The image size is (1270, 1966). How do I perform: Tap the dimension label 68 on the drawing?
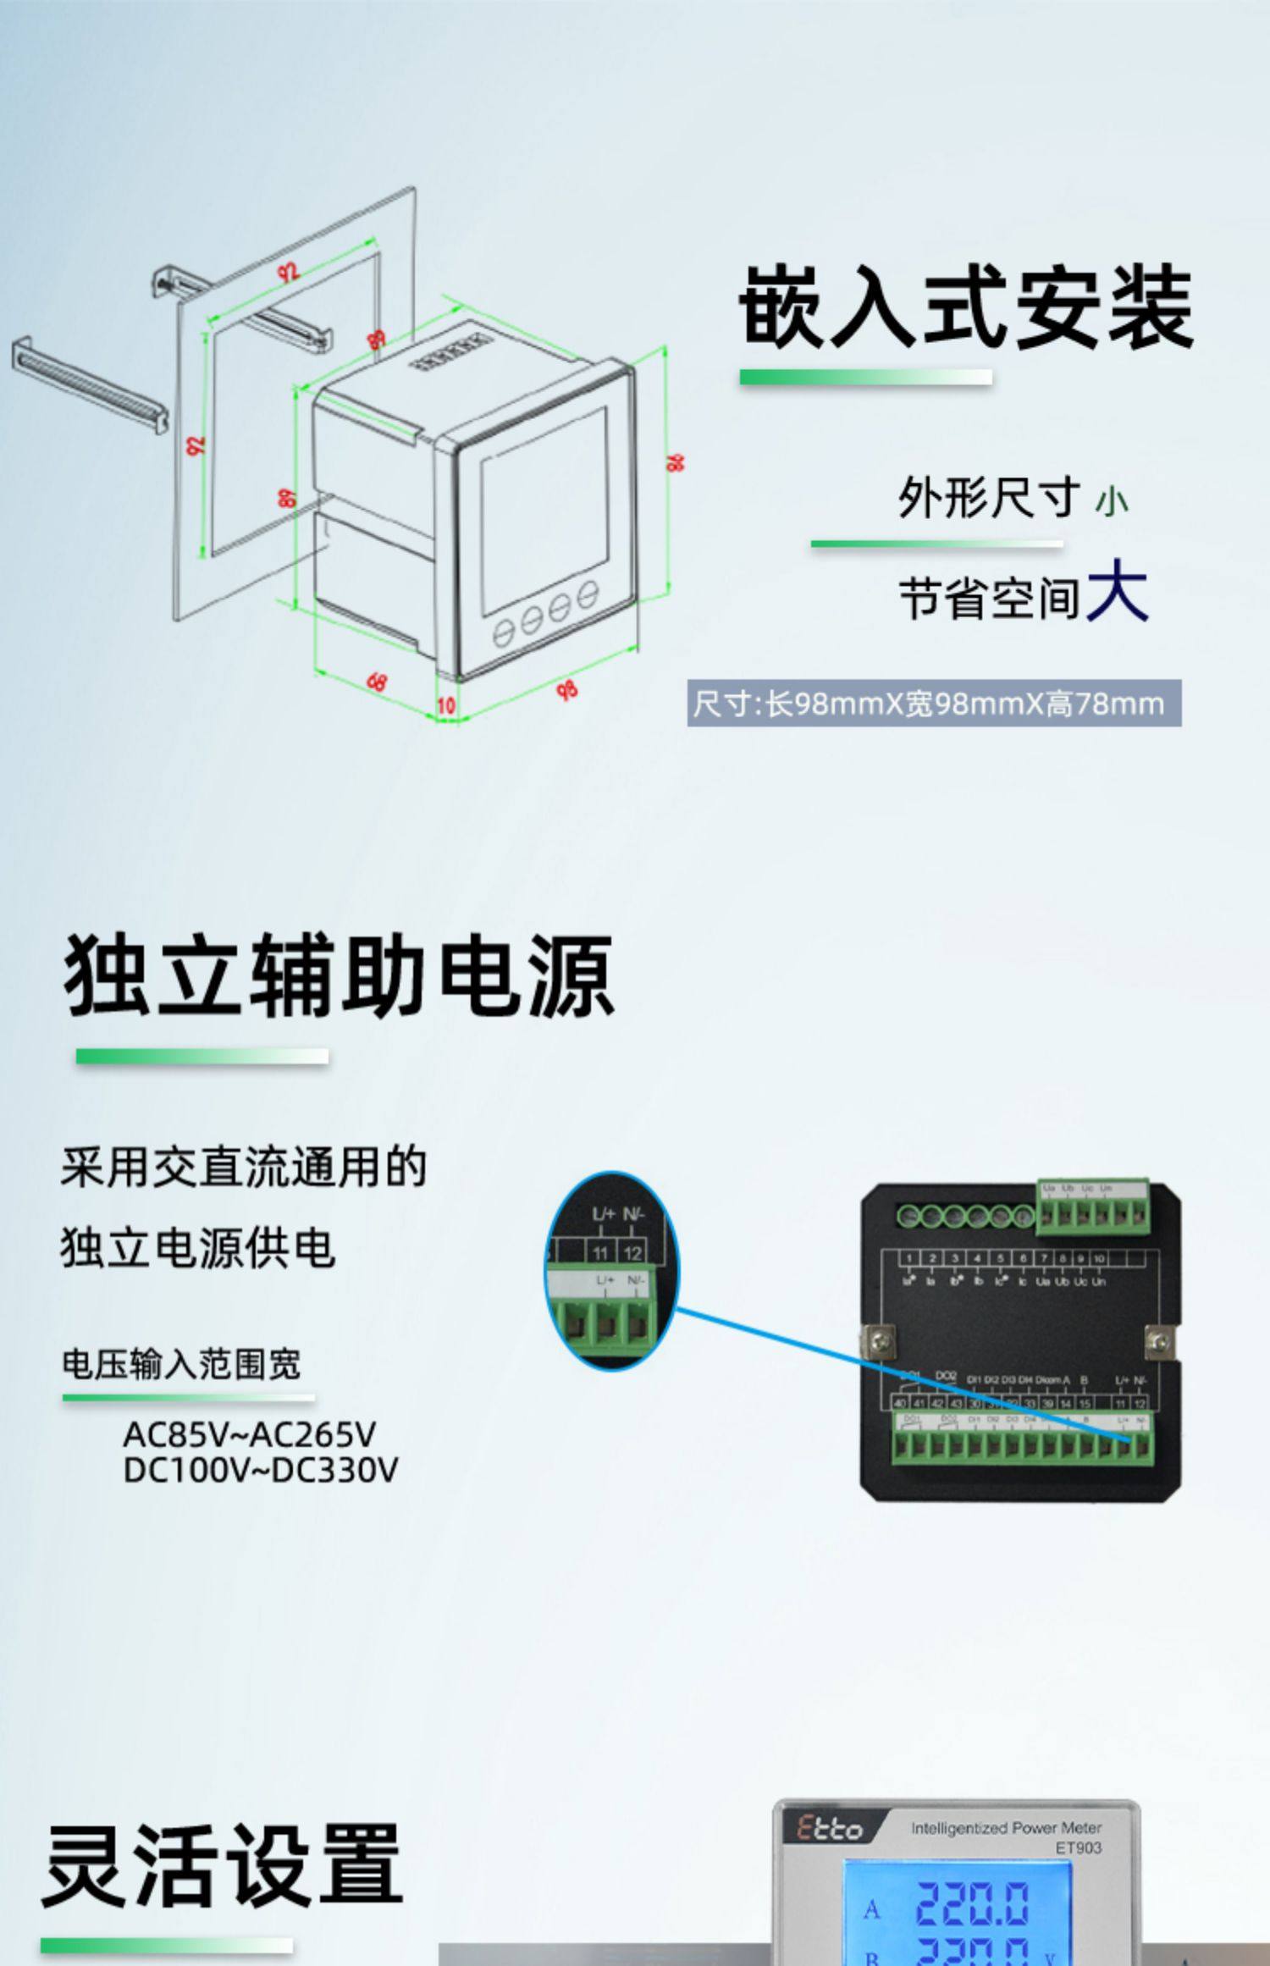click(x=377, y=681)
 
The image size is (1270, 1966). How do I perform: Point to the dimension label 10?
click(x=446, y=704)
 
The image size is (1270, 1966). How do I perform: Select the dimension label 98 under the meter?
click(x=567, y=690)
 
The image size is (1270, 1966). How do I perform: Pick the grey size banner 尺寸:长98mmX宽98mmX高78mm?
click(x=933, y=704)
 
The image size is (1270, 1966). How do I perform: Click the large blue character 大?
click(x=1117, y=591)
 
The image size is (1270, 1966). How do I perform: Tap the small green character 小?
click(x=1111, y=501)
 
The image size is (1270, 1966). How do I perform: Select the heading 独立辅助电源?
click(x=339, y=975)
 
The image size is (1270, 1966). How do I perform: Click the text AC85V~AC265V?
click(x=249, y=1434)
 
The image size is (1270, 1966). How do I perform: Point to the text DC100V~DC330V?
click(x=260, y=1470)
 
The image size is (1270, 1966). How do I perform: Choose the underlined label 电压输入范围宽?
click(x=181, y=1364)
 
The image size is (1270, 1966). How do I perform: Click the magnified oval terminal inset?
click(x=611, y=1270)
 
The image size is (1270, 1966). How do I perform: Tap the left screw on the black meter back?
click(x=875, y=1339)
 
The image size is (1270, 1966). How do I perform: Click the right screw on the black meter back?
click(x=1158, y=1340)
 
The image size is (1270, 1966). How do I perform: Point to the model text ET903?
click(x=1078, y=1847)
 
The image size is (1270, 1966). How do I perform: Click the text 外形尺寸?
click(x=988, y=497)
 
